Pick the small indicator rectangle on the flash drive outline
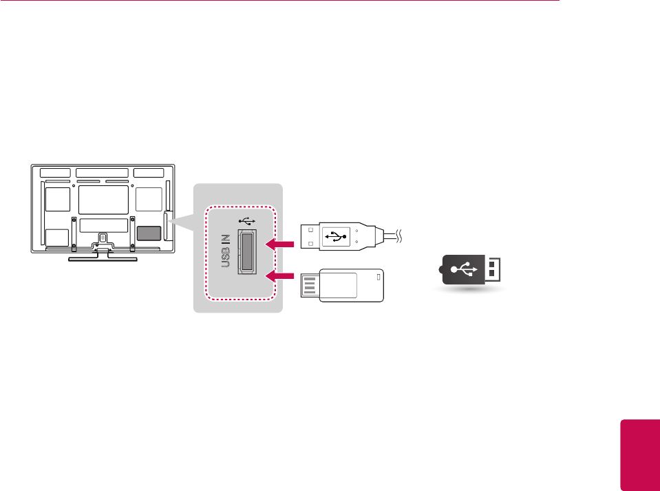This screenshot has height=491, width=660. point(377,277)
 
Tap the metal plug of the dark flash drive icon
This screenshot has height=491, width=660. point(493,269)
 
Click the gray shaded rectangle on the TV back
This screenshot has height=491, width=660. point(148,232)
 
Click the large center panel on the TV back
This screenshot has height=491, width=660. point(104,199)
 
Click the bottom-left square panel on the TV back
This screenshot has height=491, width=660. point(56,238)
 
